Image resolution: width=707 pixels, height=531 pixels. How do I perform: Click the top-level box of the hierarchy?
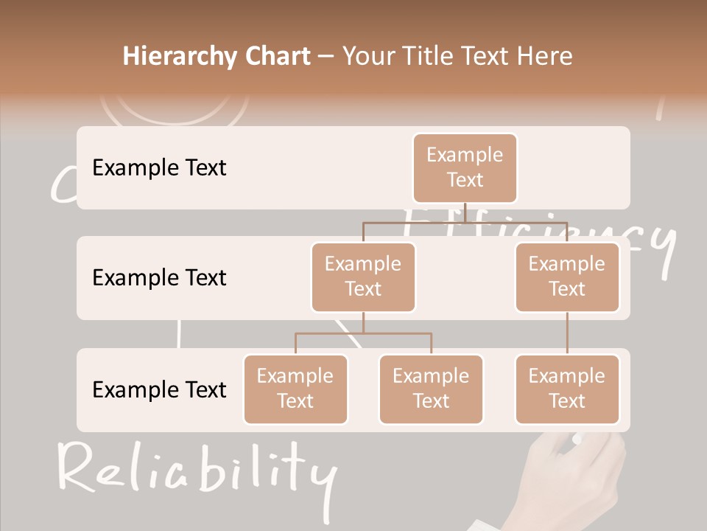pos(465,167)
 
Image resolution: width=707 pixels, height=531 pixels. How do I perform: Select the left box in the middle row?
pos(363,277)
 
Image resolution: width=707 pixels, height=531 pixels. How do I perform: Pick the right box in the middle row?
pos(567,277)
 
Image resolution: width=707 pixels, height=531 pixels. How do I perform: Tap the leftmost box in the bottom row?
pos(295,389)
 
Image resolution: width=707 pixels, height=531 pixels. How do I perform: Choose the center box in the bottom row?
pos(431,389)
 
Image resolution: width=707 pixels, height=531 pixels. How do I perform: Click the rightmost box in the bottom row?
pos(567,389)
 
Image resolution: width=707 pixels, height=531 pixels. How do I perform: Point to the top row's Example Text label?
pos(159,167)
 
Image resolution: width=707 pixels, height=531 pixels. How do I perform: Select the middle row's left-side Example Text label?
pos(159,277)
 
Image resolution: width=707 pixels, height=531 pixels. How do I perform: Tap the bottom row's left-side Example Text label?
pos(159,389)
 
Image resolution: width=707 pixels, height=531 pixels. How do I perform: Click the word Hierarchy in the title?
pos(179,56)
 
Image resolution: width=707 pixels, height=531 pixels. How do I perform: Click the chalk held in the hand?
pos(577,440)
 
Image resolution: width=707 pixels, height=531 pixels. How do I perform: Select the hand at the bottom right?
pos(582,479)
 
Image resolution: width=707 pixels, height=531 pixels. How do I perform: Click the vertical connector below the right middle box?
pos(567,333)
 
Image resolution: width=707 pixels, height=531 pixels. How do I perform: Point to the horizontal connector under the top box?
pos(465,221)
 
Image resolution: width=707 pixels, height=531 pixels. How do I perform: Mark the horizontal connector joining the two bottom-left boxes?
pos(363,333)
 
